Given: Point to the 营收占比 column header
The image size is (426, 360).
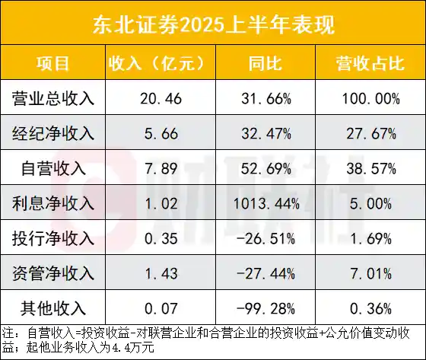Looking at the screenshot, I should (x=368, y=63).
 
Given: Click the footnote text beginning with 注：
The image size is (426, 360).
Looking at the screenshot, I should (x=205, y=339).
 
